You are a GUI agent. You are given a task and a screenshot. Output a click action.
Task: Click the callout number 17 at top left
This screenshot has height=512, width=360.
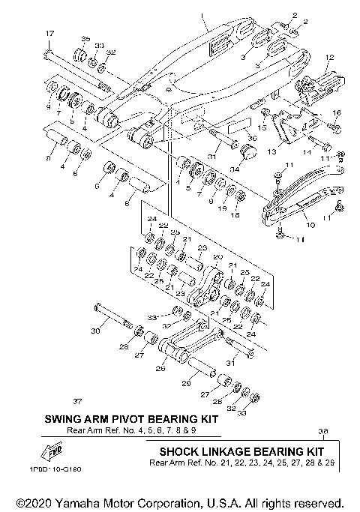(50, 34)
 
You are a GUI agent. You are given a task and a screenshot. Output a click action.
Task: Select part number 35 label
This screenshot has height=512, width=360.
(85, 38)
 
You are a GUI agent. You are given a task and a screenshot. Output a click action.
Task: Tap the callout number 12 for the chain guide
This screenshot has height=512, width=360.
(328, 57)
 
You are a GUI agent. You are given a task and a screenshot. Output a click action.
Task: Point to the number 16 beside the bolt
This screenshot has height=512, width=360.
(336, 113)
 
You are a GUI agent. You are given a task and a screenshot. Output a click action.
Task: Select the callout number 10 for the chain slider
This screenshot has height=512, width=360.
(310, 224)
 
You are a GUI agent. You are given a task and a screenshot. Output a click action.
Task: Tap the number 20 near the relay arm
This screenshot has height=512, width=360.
(219, 257)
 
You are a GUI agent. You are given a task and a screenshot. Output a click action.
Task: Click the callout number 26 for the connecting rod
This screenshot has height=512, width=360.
(160, 368)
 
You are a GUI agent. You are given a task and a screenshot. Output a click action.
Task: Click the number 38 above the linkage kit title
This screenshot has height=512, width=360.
(323, 431)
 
